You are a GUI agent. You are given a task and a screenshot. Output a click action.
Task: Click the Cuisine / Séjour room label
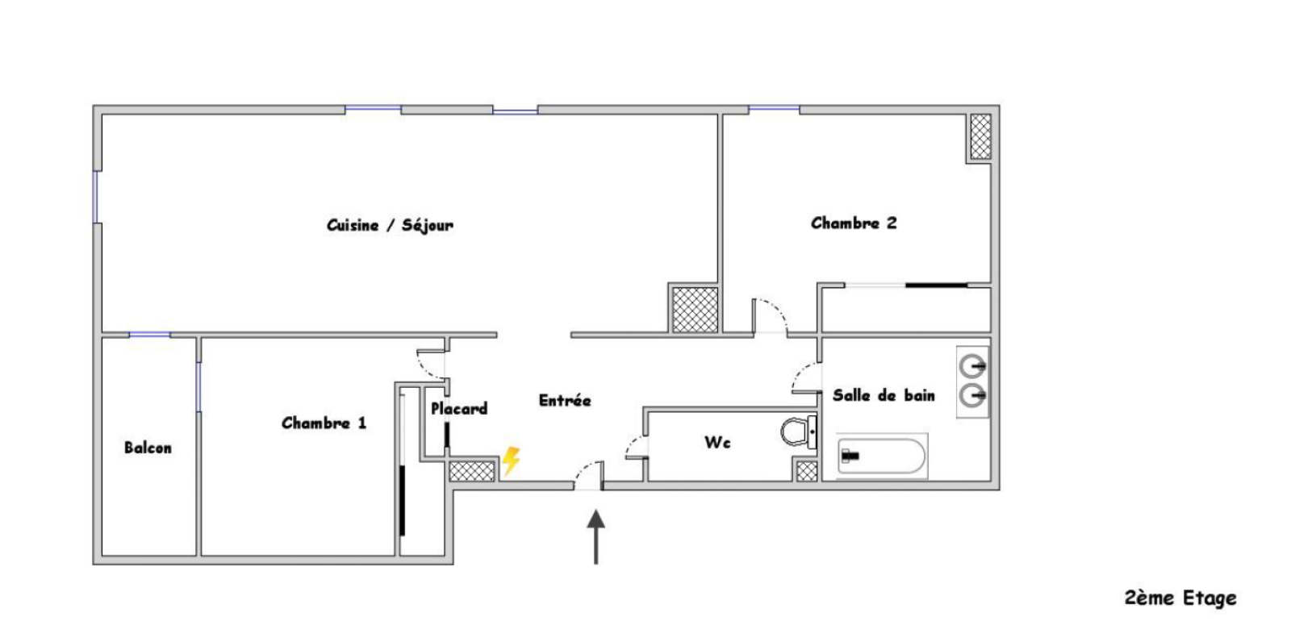391,225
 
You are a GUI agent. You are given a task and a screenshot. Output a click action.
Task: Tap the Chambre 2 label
854,223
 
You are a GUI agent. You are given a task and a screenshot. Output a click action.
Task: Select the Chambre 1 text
324,423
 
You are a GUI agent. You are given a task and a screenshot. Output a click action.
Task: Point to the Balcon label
148,448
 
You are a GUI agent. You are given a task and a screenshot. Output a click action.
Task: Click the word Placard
459,409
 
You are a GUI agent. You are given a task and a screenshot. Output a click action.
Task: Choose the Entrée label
565,400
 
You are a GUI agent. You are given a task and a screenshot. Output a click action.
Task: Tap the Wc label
717,442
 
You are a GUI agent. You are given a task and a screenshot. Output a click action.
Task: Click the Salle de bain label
884,395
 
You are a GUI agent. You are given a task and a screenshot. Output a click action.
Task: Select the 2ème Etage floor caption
1180,598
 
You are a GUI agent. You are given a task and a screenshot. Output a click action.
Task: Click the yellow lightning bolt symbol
511,461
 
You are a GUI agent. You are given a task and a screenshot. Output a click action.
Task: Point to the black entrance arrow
596,536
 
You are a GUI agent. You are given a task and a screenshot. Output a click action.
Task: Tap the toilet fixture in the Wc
799,431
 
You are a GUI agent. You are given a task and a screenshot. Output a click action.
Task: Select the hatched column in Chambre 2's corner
980,136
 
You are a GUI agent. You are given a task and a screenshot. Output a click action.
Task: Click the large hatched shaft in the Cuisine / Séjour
696,310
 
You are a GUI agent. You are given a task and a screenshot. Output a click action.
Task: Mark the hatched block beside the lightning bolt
471,471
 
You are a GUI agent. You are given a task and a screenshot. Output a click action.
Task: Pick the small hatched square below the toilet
807,471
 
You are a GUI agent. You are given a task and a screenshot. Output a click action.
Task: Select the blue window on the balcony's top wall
150,335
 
